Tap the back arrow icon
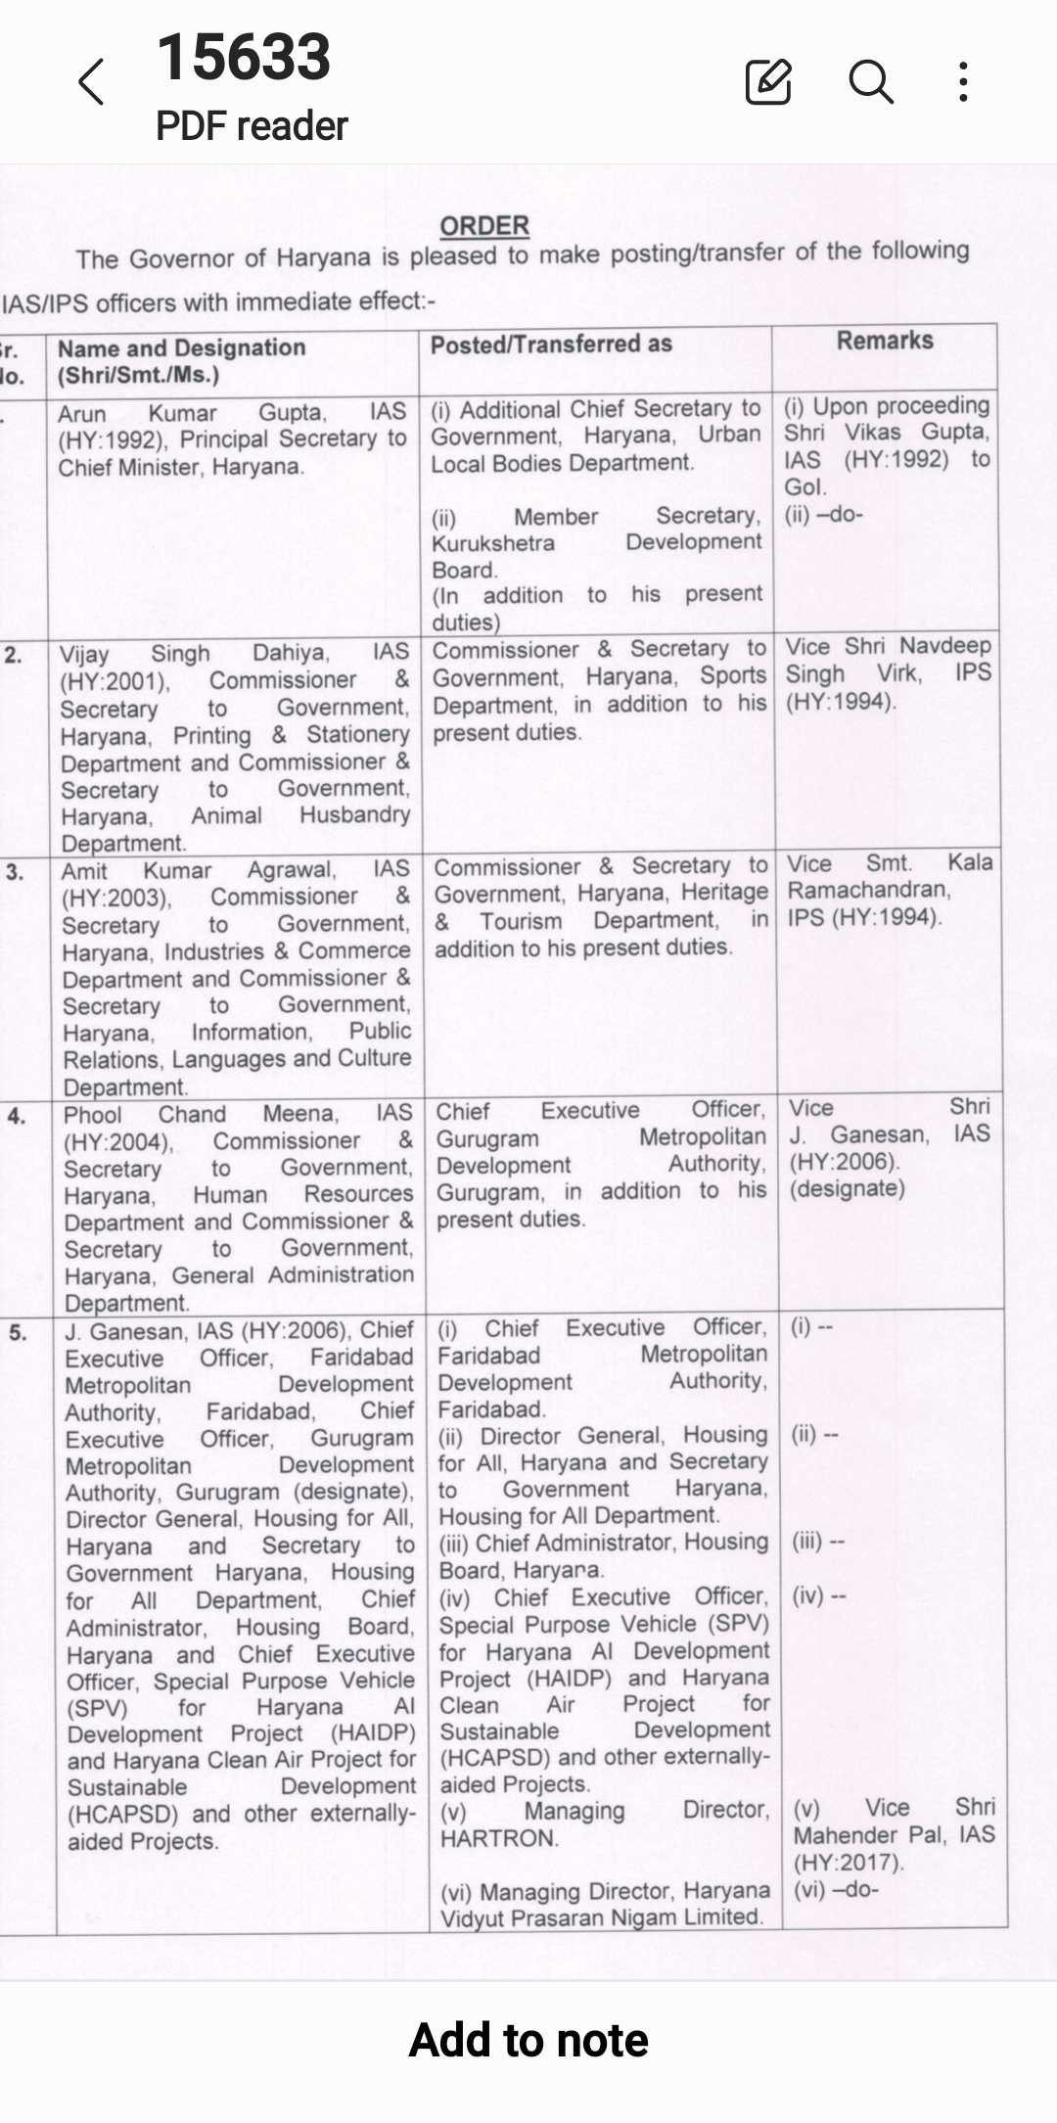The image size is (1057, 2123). pyautogui.click(x=91, y=81)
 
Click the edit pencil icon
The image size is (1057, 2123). pyautogui.click(x=768, y=81)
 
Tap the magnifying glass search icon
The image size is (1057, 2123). pyautogui.click(x=870, y=81)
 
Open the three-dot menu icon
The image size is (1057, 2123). pyautogui.click(x=964, y=81)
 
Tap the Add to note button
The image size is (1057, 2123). pyautogui.click(x=528, y=2041)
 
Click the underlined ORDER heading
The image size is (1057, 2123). pyautogui.click(x=484, y=226)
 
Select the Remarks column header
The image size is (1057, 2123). pyautogui.click(x=885, y=341)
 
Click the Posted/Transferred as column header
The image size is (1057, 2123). pyautogui.click(x=551, y=345)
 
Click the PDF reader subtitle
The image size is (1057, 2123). pyautogui.click(x=252, y=126)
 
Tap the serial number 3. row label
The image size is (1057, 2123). pyautogui.click(x=15, y=872)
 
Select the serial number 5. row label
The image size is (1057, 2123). pyautogui.click(x=18, y=1333)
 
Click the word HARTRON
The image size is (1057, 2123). pyautogui.click(x=499, y=1838)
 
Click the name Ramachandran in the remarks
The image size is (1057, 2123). pyautogui.click(x=868, y=890)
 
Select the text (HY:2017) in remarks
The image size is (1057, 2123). pyautogui.click(x=849, y=1862)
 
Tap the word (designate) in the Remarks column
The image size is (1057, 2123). pyautogui.click(x=848, y=1188)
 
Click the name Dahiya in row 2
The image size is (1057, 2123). pyautogui.click(x=291, y=653)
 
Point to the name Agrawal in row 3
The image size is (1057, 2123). pyautogui.click(x=291, y=870)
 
